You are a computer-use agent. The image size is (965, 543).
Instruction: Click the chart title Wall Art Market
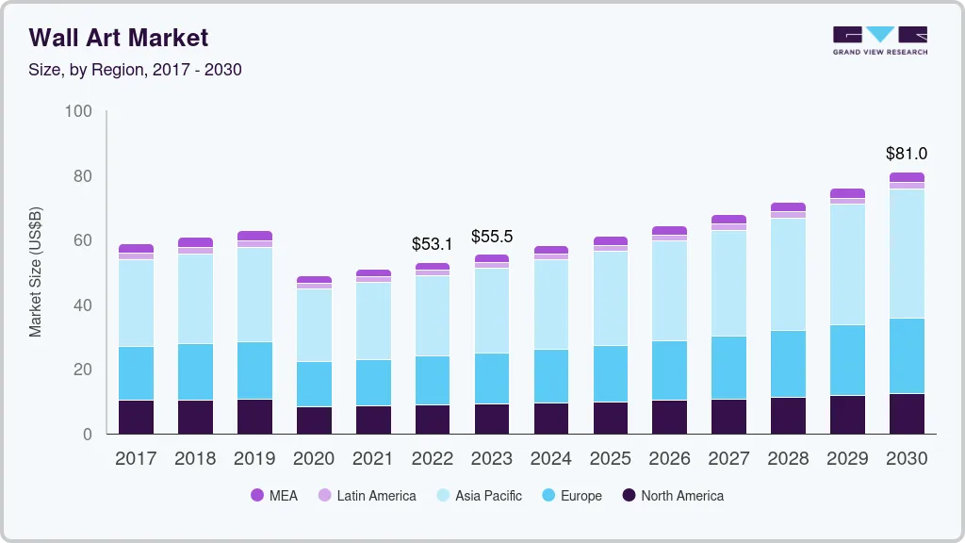coord(119,38)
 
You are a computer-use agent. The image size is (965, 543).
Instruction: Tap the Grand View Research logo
coord(880,40)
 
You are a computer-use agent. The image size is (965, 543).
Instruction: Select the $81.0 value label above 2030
coord(907,154)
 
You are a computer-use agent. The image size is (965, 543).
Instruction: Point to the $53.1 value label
coord(433,244)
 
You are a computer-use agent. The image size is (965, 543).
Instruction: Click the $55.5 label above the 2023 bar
coord(492,237)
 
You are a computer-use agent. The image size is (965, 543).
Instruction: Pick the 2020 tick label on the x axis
coord(314,459)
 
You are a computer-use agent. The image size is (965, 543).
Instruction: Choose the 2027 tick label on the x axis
coord(729,459)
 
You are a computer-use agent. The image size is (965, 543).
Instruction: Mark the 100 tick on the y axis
coord(78,112)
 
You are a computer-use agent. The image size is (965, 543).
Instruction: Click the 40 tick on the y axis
coord(83,305)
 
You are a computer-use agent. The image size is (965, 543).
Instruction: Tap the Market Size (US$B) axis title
coord(36,272)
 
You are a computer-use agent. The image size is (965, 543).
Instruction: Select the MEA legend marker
coord(257,496)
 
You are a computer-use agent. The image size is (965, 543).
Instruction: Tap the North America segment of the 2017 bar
coord(137,417)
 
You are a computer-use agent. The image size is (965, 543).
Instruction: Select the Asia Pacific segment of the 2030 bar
coord(907,254)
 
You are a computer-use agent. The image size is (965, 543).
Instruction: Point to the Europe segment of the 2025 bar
coord(611,373)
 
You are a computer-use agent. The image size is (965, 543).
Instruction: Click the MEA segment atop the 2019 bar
coord(254,236)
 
